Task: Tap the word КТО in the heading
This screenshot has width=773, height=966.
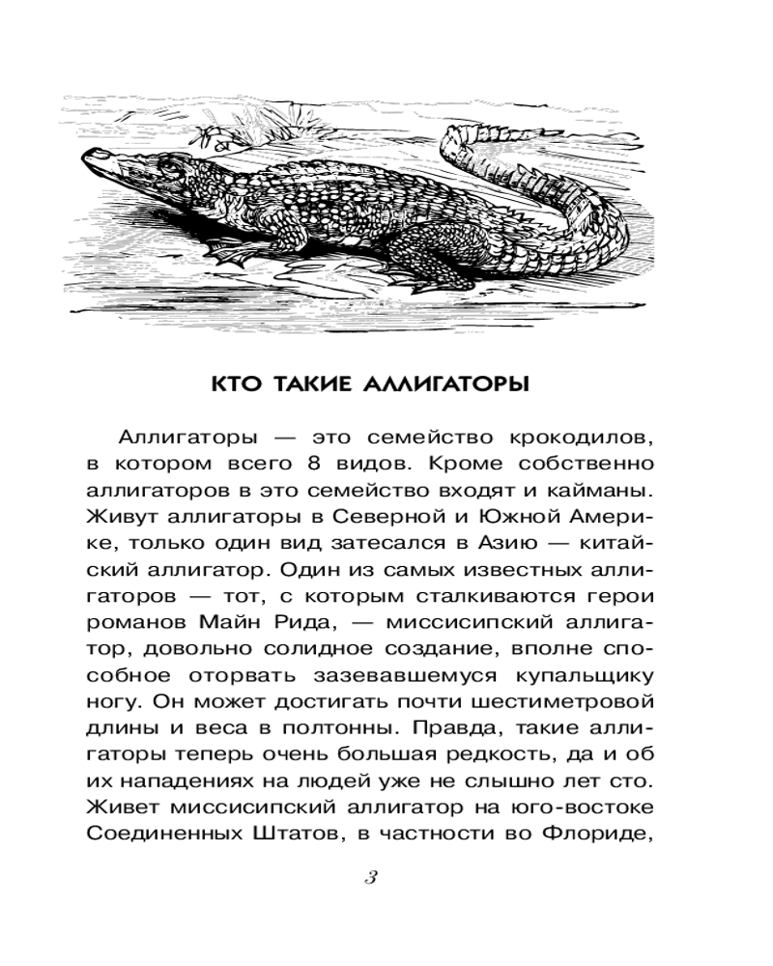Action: click(x=239, y=384)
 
